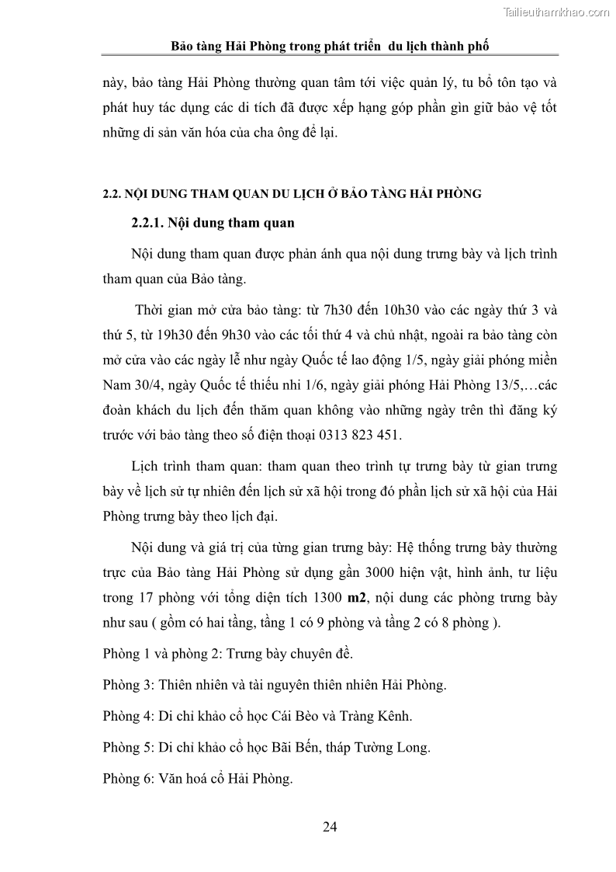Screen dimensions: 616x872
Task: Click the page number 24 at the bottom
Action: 330,826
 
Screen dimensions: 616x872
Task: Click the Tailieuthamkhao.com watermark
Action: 557,12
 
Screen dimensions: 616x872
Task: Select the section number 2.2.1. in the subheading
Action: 150,224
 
